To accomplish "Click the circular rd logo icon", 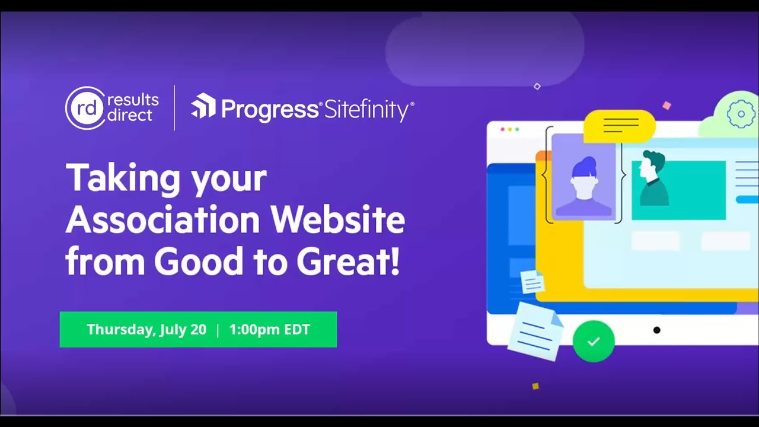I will tap(85, 108).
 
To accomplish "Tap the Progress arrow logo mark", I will tap(203, 106).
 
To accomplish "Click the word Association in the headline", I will tap(163, 220).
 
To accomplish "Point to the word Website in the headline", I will tap(338, 220).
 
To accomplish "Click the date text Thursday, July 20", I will tap(146, 330).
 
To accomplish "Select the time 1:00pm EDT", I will tap(269, 330).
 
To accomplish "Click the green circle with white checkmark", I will tap(593, 341).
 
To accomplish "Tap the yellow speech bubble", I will tap(620, 126).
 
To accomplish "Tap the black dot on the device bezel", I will tap(656, 330).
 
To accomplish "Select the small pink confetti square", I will tap(666, 106).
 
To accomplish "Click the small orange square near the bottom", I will tap(535, 386).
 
